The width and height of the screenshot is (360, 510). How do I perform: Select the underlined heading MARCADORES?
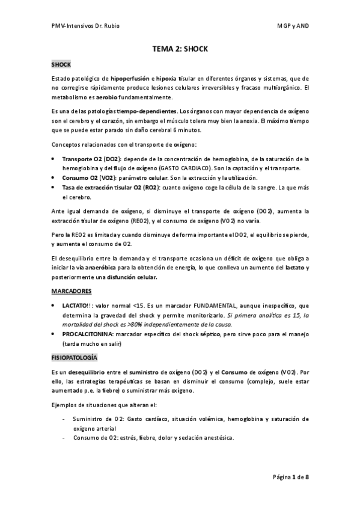(72, 291)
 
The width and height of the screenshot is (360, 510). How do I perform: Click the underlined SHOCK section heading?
(61, 64)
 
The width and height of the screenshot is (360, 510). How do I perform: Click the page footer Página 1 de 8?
(291, 478)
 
